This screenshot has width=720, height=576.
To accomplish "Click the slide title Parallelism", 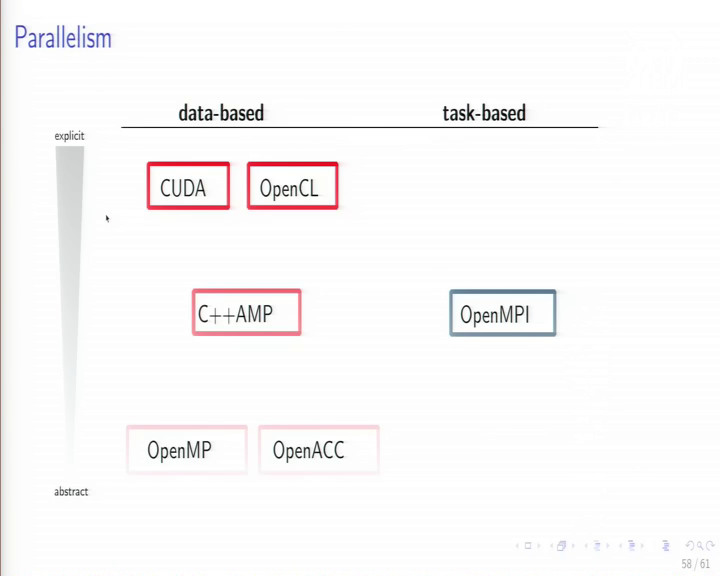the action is pyautogui.click(x=63, y=37).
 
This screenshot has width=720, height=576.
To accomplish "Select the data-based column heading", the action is pyautogui.click(x=221, y=113).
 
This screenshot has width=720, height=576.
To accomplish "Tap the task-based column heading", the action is pyautogui.click(x=484, y=113).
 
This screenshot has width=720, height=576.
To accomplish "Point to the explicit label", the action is pyautogui.click(x=69, y=136).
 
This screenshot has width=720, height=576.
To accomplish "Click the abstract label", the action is pyautogui.click(x=71, y=491).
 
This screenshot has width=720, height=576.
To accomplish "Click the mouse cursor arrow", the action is pyautogui.click(x=107, y=219).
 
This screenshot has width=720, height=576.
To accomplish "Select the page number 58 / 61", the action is pyautogui.click(x=695, y=564).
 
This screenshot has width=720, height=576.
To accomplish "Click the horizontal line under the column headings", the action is pyautogui.click(x=360, y=127).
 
